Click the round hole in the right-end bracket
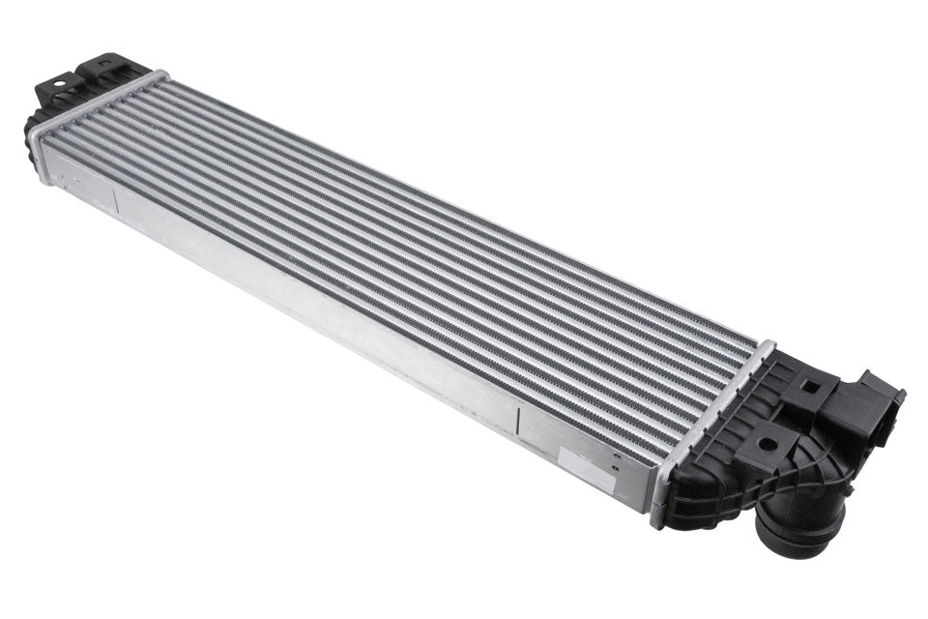pyautogui.click(x=766, y=447)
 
